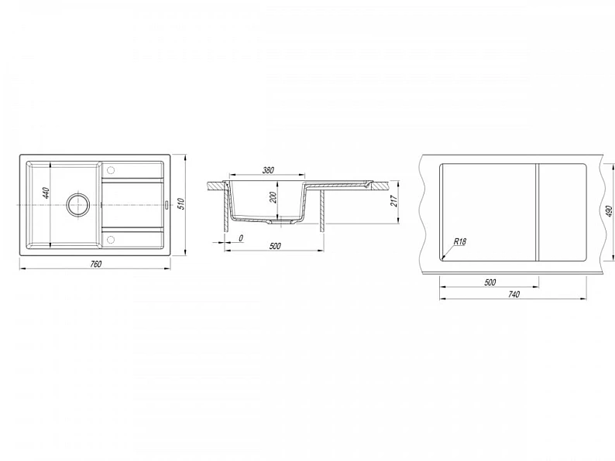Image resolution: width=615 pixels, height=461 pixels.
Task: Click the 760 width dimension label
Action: click(96, 264)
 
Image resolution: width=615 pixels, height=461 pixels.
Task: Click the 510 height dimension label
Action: click(180, 203)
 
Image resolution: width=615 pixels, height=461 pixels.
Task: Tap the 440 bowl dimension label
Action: click(46, 193)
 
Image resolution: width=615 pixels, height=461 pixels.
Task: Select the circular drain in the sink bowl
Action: click(78, 204)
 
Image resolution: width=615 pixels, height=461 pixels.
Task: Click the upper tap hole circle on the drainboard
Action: click(111, 170)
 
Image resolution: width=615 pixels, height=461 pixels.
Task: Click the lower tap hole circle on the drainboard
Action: click(111, 239)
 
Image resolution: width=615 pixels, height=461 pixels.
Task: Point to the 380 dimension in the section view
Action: click(268, 170)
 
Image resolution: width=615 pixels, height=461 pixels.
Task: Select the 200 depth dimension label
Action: click(273, 198)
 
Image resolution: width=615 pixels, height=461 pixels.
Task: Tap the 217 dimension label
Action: click(394, 200)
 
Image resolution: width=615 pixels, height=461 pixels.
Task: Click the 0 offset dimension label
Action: click(241, 237)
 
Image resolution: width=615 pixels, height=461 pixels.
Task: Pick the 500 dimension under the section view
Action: click(275, 246)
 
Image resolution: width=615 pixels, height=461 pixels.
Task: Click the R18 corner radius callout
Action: click(459, 241)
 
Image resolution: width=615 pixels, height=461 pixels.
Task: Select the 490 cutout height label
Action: click(609, 211)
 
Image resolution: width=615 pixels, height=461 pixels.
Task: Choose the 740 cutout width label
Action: click(514, 294)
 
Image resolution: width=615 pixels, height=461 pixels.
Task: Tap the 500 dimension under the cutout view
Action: click(490, 282)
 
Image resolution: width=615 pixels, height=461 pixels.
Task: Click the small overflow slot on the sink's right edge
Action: click(167, 204)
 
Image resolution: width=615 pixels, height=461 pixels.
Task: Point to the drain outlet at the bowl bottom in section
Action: click(280, 222)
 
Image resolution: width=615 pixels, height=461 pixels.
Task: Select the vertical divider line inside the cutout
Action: click(538, 212)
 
